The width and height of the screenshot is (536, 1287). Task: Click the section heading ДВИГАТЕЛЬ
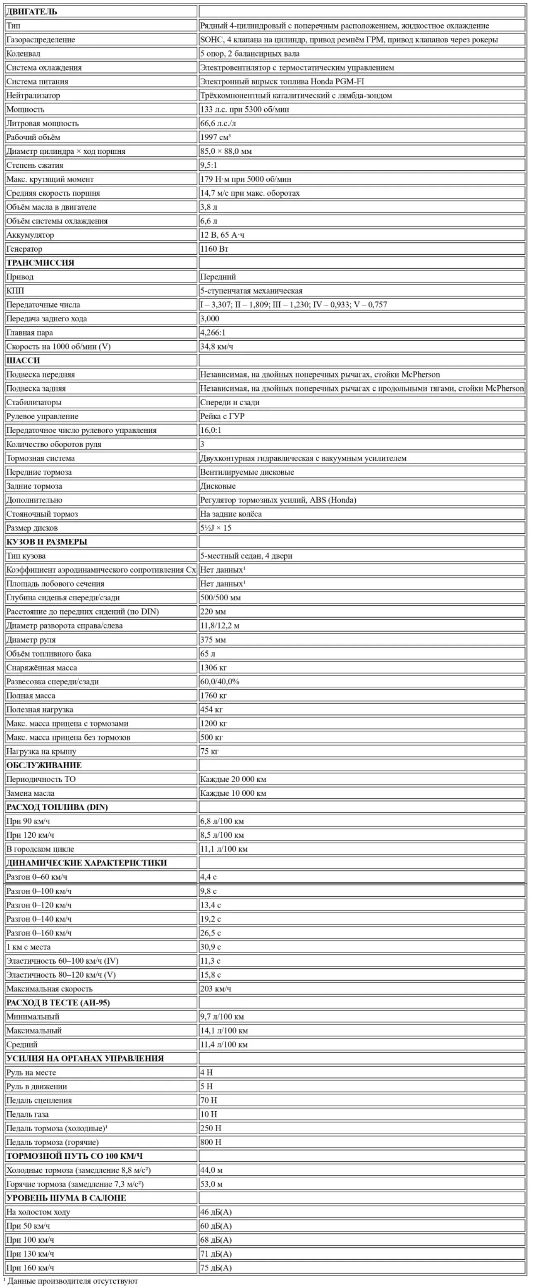(31, 12)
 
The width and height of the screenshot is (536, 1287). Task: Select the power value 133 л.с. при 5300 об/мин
(244, 110)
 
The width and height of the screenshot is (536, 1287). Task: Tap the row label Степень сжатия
(35, 165)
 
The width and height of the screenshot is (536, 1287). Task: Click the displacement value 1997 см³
(215, 137)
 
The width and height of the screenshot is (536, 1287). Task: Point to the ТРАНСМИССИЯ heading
(40, 263)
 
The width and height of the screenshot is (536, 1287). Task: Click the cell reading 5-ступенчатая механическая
(251, 291)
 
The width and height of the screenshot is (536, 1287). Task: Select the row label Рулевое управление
(42, 416)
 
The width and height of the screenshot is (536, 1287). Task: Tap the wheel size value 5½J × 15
(215, 528)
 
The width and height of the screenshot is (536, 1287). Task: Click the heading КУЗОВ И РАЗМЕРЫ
(46, 542)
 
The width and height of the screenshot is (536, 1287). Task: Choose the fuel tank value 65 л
(208, 654)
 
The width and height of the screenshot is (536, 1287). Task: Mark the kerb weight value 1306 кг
(213, 668)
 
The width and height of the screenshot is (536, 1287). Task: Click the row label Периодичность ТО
(41, 779)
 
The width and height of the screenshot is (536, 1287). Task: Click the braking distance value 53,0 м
(211, 1184)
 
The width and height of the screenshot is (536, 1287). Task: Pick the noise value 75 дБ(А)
(216, 1268)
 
